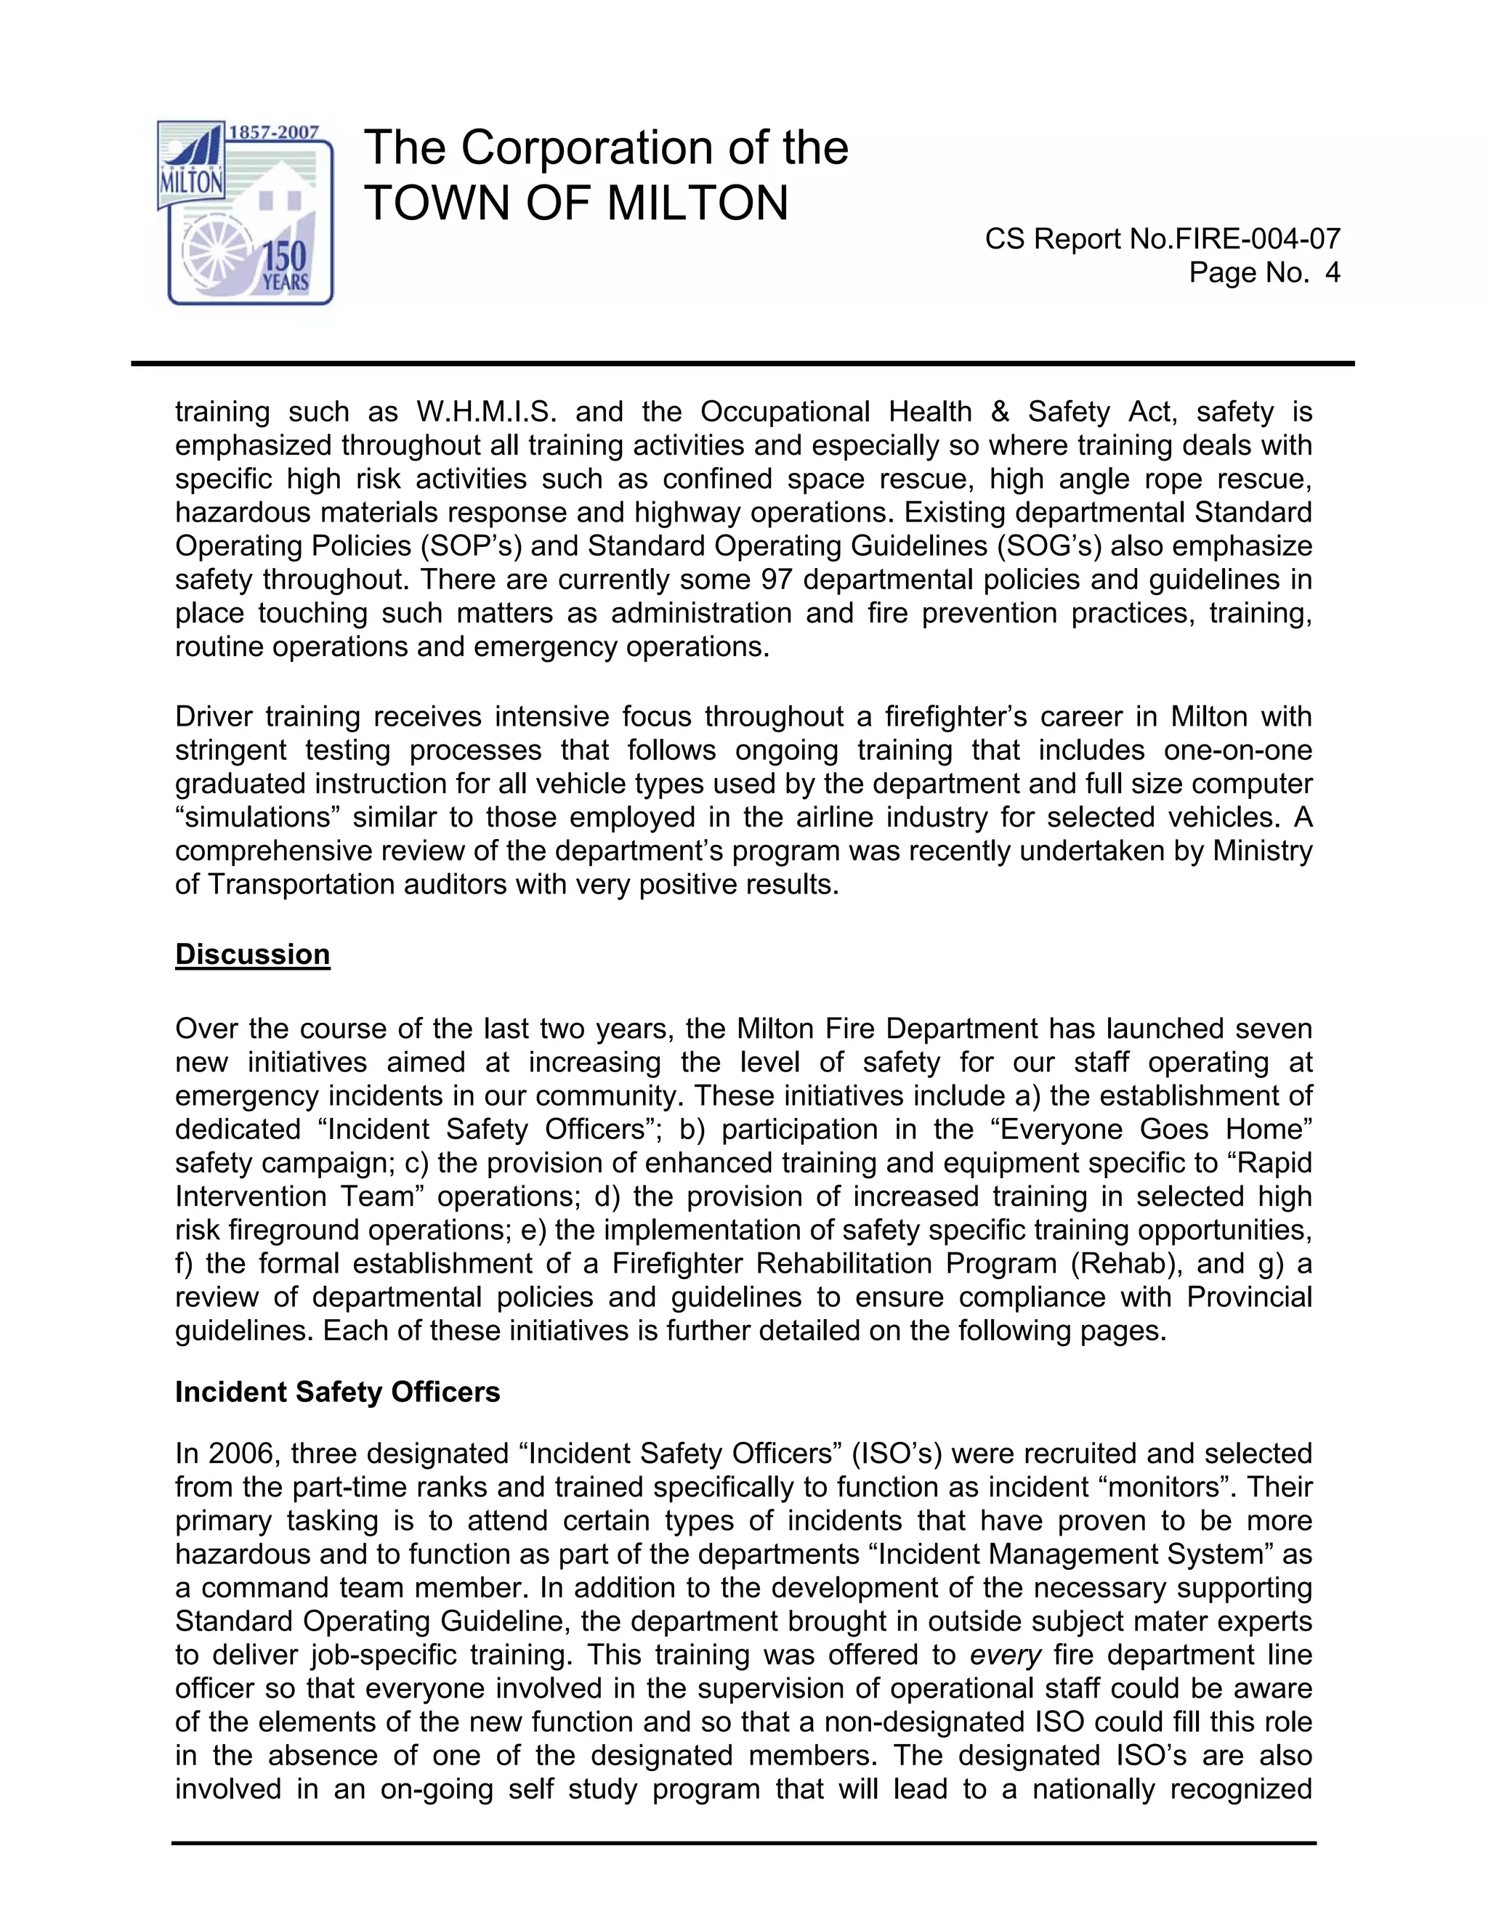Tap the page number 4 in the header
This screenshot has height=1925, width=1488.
click(x=1332, y=272)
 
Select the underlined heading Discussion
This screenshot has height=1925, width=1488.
click(x=252, y=955)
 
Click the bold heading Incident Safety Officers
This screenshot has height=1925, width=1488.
click(x=338, y=1392)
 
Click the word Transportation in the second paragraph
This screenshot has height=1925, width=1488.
click(x=302, y=884)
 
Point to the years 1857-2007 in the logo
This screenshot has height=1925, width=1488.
click(x=274, y=132)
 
